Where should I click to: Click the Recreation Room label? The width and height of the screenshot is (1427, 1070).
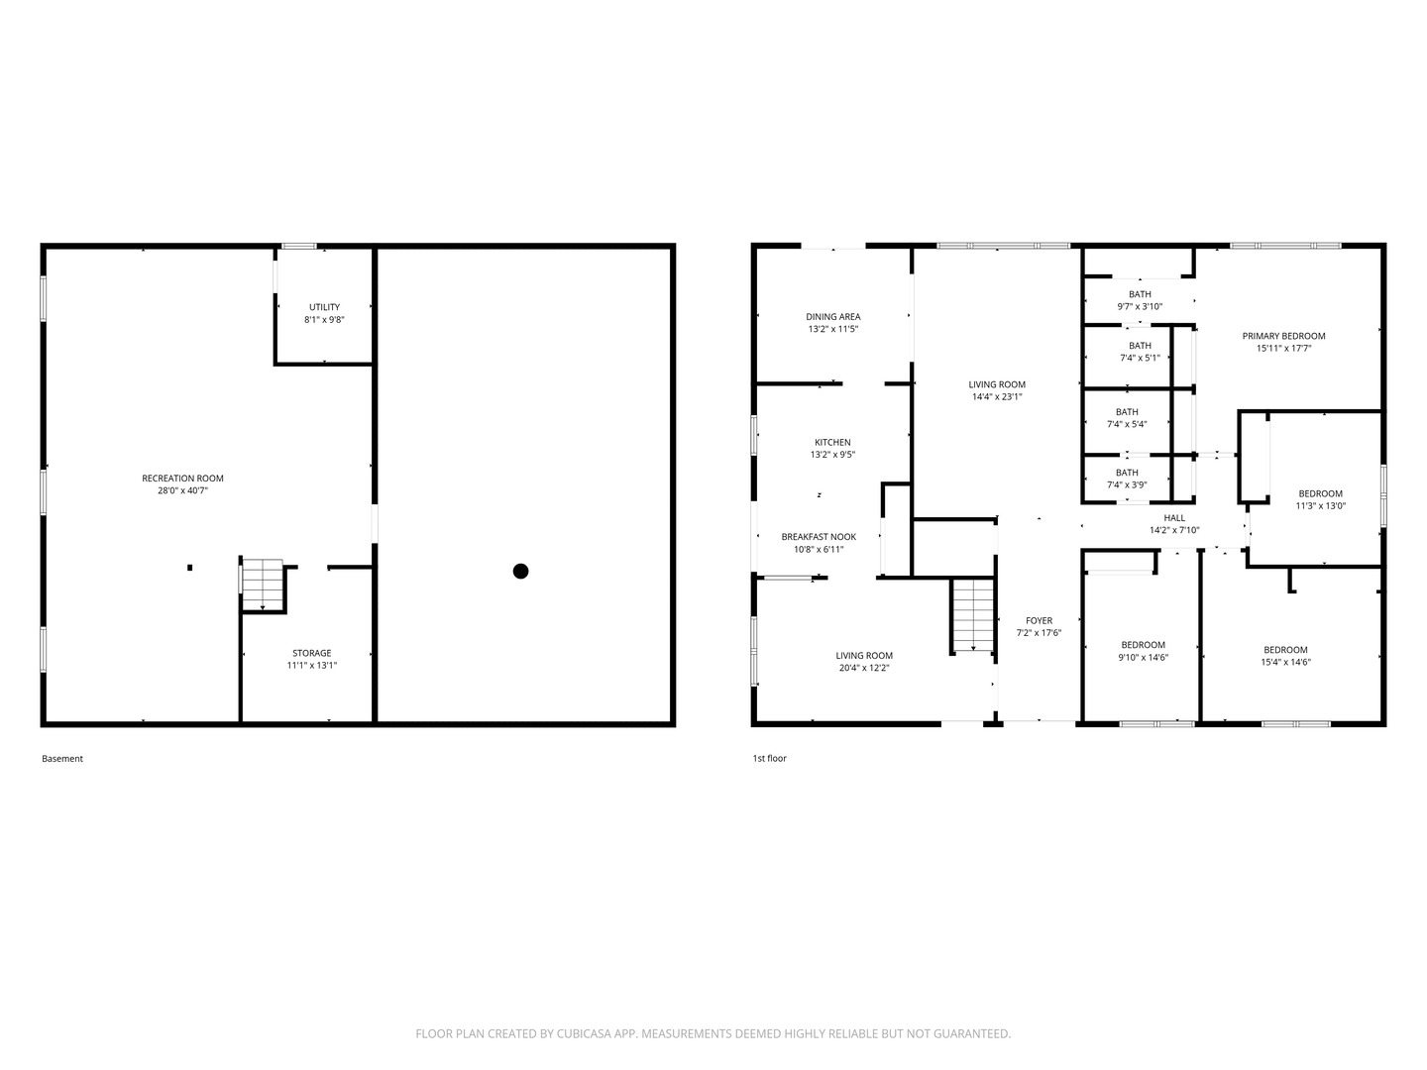click(182, 479)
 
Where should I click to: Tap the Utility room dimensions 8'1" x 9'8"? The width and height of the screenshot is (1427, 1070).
click(324, 320)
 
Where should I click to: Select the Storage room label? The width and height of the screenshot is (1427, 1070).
click(311, 653)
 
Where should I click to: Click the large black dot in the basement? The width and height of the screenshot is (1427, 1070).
click(520, 571)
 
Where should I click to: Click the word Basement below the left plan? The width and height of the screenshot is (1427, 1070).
click(62, 759)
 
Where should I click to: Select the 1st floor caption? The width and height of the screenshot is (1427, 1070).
click(769, 759)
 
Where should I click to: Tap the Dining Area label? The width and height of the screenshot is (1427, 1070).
click(832, 317)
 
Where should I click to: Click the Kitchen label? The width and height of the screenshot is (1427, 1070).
click(832, 443)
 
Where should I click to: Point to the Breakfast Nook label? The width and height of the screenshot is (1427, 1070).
click(819, 537)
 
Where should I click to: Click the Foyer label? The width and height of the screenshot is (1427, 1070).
click(1039, 621)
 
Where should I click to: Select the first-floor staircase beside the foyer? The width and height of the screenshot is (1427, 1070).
click(973, 615)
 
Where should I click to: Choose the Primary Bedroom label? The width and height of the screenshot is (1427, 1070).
click(1283, 336)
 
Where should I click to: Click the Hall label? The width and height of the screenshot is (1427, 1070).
click(1174, 518)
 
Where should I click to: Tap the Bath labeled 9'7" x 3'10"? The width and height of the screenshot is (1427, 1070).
click(1140, 300)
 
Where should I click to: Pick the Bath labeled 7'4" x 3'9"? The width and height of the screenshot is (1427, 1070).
click(1127, 479)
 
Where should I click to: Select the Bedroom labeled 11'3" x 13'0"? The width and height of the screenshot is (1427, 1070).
click(1320, 499)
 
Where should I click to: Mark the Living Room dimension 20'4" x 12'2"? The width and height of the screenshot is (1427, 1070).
click(864, 668)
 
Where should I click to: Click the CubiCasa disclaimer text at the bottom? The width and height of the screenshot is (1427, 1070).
click(713, 1033)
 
